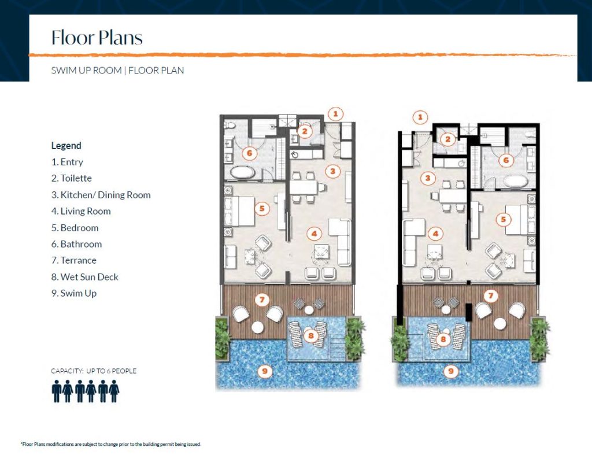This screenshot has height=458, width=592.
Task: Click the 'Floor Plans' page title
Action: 97,38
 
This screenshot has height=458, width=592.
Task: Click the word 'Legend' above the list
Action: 66,146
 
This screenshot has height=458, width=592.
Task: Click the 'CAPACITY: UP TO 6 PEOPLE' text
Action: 94,371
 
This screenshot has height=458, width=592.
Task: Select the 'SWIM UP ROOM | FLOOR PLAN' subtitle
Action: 117,71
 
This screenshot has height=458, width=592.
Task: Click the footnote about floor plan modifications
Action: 110,445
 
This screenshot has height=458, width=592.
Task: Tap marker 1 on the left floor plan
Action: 336,114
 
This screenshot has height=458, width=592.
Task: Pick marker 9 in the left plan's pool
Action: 265,371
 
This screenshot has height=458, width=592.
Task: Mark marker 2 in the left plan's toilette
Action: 306,132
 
